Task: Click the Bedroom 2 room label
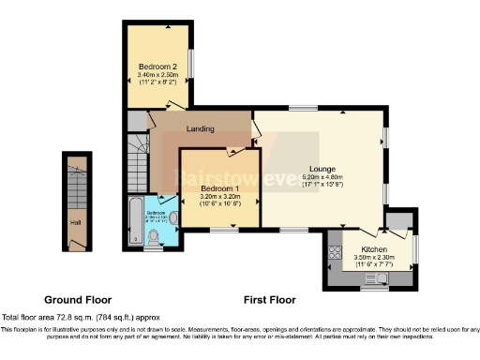click(x=158, y=67)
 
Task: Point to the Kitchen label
click(x=374, y=248)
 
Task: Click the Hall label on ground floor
click(x=75, y=223)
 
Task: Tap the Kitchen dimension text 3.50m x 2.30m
click(x=374, y=256)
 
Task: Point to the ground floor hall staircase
click(x=75, y=187)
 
